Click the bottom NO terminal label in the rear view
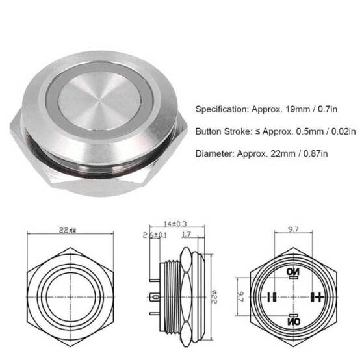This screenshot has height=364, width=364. (x=293, y=321)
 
